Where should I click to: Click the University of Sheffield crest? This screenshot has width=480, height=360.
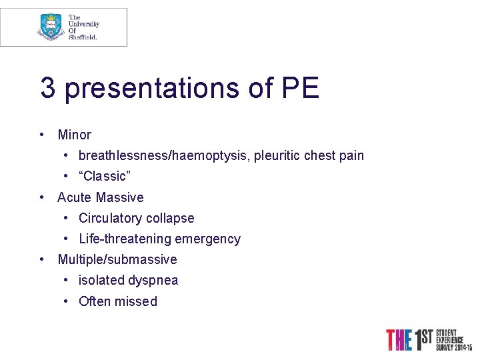click(51, 27)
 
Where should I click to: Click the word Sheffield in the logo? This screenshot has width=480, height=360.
click(83, 37)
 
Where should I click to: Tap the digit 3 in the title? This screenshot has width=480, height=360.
click(47, 88)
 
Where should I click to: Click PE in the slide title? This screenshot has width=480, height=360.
click(300, 88)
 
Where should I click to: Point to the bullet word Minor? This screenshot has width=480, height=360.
click(74, 135)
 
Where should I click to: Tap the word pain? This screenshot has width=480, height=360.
click(351, 156)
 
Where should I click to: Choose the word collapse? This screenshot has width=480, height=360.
click(171, 218)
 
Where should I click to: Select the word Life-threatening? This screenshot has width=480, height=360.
click(124, 239)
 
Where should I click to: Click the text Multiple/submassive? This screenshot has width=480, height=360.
click(117, 259)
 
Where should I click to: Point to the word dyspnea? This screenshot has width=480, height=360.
click(153, 280)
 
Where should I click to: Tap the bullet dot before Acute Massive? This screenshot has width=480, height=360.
click(42, 197)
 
